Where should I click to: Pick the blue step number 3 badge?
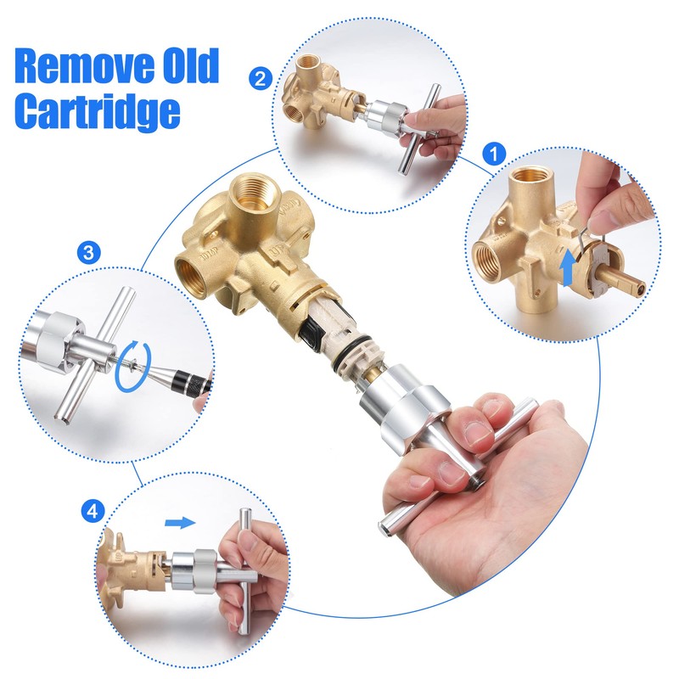click(x=87, y=252)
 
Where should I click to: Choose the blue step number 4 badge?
click(x=94, y=511)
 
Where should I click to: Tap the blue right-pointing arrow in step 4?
click(x=179, y=522)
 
